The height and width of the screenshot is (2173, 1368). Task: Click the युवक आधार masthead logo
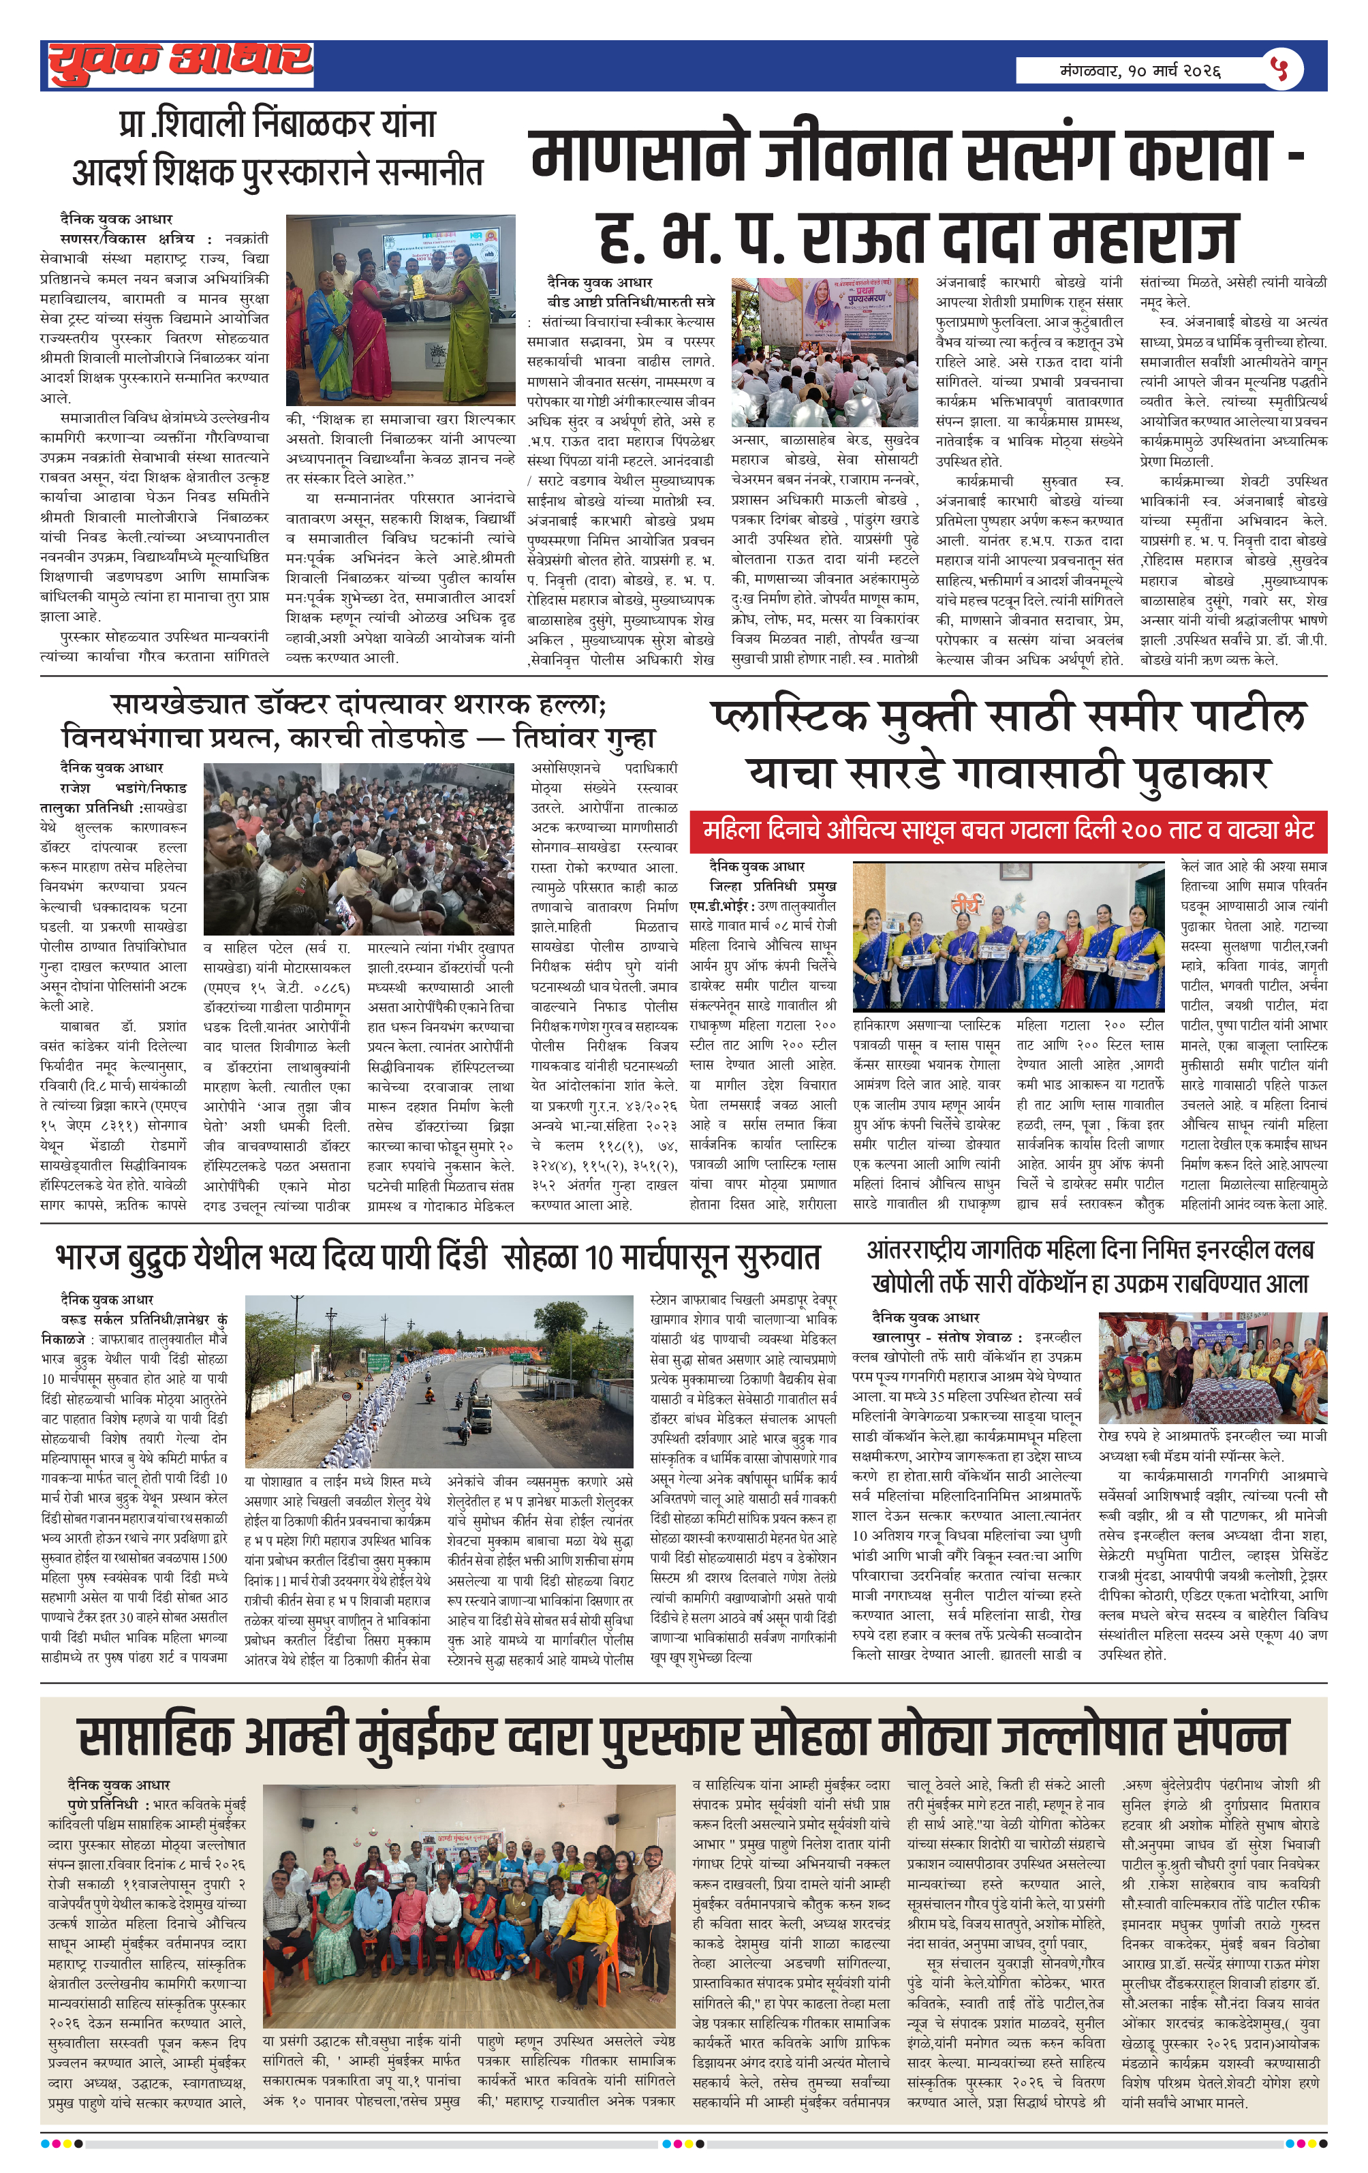pyautogui.click(x=181, y=64)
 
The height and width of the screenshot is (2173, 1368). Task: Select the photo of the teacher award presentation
pyautogui.click(x=400, y=309)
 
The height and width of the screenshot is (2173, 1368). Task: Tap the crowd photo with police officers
pyautogui.click(x=358, y=848)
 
